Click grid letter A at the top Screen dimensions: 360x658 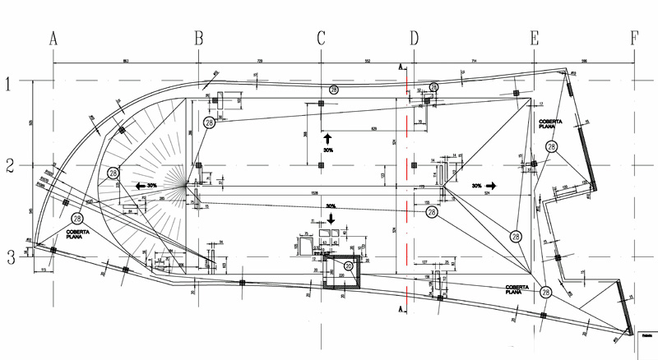click(53, 38)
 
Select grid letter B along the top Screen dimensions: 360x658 click(198, 38)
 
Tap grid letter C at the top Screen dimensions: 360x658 click(321, 38)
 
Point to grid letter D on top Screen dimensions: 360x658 click(414, 38)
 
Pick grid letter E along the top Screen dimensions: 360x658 click(535, 38)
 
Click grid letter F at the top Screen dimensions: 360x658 click(634, 38)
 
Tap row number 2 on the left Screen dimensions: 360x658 click(10, 165)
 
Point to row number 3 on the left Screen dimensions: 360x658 click(10, 258)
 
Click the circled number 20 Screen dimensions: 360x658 click(348, 266)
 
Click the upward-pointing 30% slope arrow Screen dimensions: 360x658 click(327, 138)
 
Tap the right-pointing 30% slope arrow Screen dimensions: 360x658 click(490, 187)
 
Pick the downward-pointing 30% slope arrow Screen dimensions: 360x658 click(331, 218)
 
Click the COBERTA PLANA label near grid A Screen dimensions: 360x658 click(78, 233)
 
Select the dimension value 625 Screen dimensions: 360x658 click(374, 129)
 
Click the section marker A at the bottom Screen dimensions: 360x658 click(401, 310)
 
